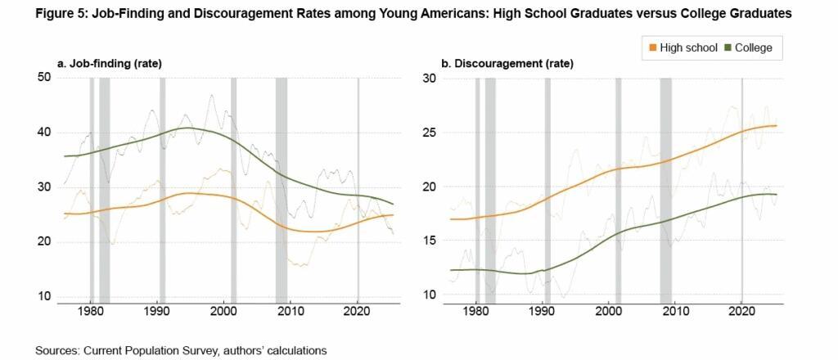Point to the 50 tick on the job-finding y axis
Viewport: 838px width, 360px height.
tap(44, 77)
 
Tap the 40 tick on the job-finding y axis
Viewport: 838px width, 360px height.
tap(44, 132)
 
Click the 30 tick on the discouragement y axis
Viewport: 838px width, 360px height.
tap(429, 78)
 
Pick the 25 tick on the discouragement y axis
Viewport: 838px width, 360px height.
tap(429, 132)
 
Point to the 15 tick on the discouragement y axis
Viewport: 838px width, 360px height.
tap(429, 241)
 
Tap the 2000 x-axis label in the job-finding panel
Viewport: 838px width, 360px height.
tap(223, 312)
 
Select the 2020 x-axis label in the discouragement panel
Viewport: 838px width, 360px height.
tap(741, 312)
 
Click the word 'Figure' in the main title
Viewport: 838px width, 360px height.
tap(55, 13)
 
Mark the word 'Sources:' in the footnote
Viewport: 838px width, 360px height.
tap(57, 350)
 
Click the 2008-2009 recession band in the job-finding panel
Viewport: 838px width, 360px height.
tap(281, 188)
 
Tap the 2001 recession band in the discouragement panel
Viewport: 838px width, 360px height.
tap(619, 188)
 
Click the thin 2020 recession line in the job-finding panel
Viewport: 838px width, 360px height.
tap(358, 188)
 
